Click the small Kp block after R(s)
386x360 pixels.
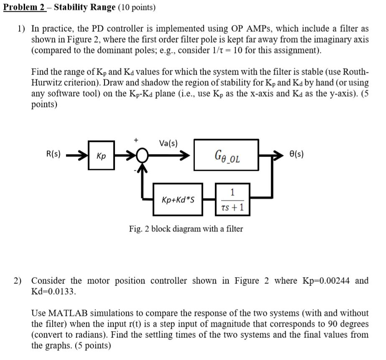(x=101, y=156)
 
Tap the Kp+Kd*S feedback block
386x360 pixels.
(x=178, y=200)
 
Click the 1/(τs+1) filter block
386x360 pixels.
(x=233, y=200)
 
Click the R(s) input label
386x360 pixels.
(x=54, y=154)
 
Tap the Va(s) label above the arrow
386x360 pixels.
(x=169, y=144)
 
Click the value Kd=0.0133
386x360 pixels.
(x=54, y=291)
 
